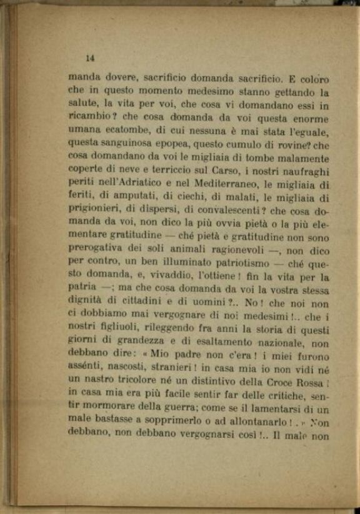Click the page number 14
[89, 58]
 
